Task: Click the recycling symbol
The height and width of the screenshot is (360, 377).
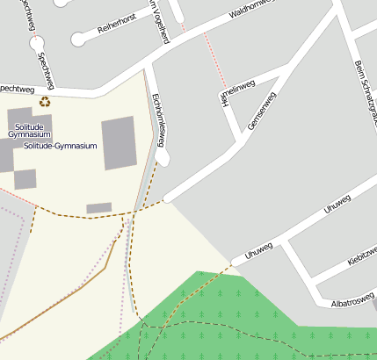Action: tap(44, 101)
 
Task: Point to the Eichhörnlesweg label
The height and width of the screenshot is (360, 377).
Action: tap(160, 118)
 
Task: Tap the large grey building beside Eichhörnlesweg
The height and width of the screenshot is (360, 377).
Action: tap(119, 142)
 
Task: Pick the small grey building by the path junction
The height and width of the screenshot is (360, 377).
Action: tap(98, 208)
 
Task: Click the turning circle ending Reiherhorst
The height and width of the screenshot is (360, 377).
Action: tap(79, 40)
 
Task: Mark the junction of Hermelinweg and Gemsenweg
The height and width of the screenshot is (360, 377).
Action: tap(242, 139)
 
